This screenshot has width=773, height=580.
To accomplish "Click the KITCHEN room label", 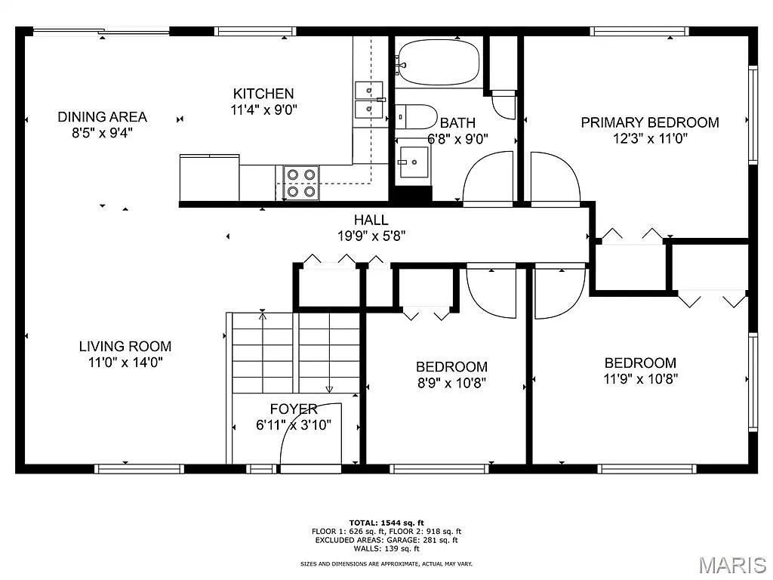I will tap(263, 94).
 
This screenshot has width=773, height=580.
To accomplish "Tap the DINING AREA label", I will tap(103, 117).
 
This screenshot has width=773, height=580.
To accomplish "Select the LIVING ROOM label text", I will tap(125, 347).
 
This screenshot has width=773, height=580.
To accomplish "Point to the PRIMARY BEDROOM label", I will tap(649, 122).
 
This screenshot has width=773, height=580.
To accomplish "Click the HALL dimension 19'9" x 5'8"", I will tap(372, 236).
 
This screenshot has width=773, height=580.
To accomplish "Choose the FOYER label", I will tap(293, 409).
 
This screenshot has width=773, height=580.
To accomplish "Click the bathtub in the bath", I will tap(437, 63).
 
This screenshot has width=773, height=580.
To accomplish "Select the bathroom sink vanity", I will tap(414, 162).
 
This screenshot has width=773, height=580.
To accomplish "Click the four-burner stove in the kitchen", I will tap(300, 183).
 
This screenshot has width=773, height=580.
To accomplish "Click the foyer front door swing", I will tap(310, 434).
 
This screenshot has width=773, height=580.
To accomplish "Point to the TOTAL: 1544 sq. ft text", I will tap(386, 523).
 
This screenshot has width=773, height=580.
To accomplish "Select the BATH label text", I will tap(457, 123).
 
